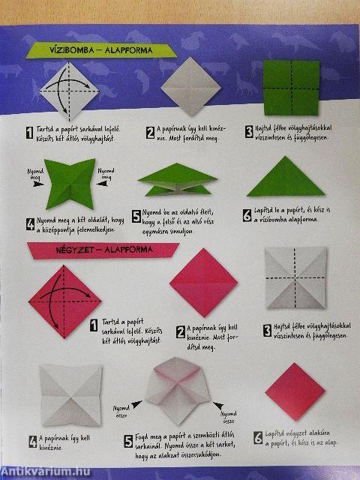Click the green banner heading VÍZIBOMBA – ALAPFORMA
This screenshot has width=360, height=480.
(x=100, y=51)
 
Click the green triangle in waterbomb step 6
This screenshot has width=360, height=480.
(x=280, y=179)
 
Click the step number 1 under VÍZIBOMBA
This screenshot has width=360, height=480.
(x=28, y=133)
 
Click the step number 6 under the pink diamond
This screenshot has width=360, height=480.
(x=258, y=438)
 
